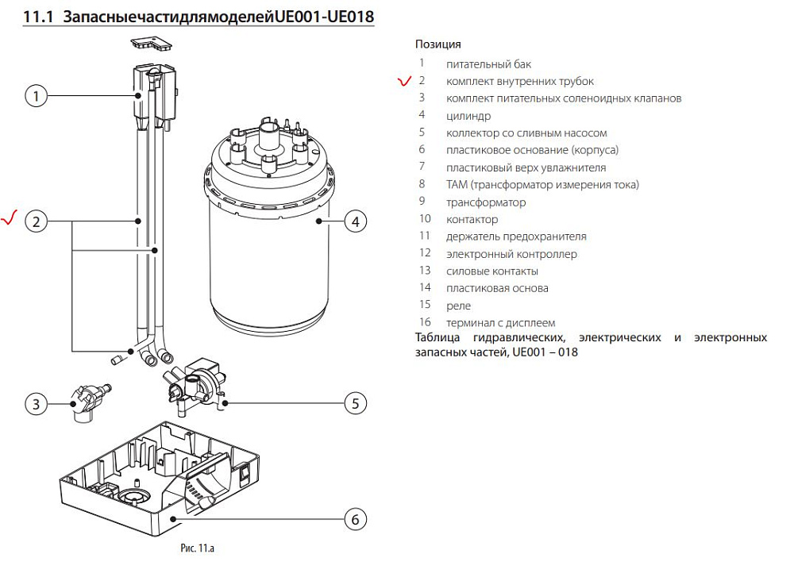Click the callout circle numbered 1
pos(36,96)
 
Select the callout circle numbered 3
pos(36,404)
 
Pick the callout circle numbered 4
pos(356,221)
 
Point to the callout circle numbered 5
pos(356,403)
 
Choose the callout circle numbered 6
pos(356,520)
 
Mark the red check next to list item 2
pos(404,81)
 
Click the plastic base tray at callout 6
pos(159,476)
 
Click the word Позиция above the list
pos(437,44)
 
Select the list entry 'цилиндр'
pos(468,116)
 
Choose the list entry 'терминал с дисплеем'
pos(500,323)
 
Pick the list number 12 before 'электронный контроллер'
pos(425,253)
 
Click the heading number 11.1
pos(38,16)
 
